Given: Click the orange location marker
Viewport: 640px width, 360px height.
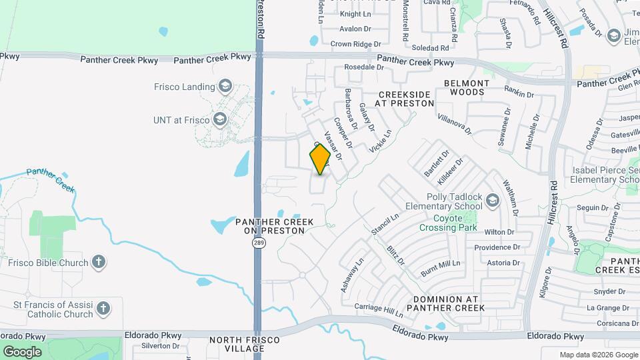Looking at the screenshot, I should (x=321, y=159).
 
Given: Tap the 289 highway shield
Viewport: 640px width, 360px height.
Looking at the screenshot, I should (x=259, y=243).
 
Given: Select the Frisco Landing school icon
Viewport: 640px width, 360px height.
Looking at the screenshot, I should (x=225, y=86).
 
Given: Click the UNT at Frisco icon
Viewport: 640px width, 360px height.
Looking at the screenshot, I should (x=220, y=120).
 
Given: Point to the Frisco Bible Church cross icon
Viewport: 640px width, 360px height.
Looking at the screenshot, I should (x=99, y=262).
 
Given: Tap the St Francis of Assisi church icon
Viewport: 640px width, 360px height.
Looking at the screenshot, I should (x=103, y=309).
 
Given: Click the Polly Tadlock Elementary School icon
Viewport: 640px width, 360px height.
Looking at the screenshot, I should (x=492, y=201).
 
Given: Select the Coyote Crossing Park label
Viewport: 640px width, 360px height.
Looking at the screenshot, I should (x=448, y=223).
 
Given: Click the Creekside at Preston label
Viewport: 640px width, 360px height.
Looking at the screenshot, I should (x=404, y=99).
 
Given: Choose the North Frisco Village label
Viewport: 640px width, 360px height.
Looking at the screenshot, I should (x=245, y=344).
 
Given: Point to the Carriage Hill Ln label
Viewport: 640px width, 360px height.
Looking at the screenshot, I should (x=378, y=309).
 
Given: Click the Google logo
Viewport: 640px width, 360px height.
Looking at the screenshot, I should (x=22, y=351).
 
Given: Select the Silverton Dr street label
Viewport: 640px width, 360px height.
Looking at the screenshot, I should (x=157, y=346).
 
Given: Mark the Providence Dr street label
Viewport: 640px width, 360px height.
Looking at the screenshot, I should (x=497, y=247).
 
